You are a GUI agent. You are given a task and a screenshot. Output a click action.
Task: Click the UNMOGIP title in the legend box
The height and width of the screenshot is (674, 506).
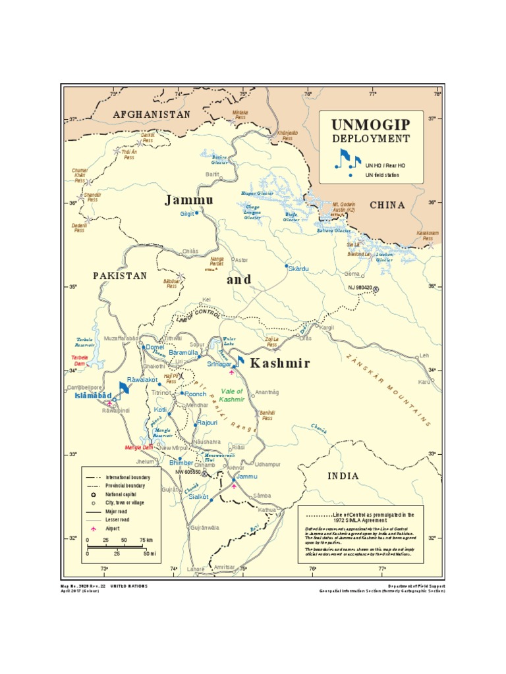click(x=370, y=124)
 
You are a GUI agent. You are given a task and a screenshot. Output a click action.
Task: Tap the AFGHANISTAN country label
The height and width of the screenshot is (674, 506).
click(x=152, y=115)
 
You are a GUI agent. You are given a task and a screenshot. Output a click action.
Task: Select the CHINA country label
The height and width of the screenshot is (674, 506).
click(x=387, y=205)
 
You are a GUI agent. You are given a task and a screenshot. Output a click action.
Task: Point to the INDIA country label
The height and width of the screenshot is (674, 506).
click(x=344, y=476)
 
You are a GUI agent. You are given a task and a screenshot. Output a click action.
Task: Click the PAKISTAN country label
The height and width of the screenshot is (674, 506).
click(x=119, y=276)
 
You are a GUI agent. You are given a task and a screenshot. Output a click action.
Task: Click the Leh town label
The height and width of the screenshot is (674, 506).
click(x=424, y=355)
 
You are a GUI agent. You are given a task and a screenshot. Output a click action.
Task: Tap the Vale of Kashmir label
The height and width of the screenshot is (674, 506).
click(x=233, y=395)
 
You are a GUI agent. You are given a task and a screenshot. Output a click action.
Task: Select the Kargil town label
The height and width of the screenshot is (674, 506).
click(x=327, y=327)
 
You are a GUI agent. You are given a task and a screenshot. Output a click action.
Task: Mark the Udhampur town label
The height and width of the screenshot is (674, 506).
click(x=267, y=464)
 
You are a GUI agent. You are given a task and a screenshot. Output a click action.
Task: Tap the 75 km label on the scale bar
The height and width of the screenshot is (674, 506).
click(x=146, y=540)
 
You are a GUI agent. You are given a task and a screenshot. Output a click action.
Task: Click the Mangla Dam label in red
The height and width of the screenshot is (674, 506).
click(x=139, y=448)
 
